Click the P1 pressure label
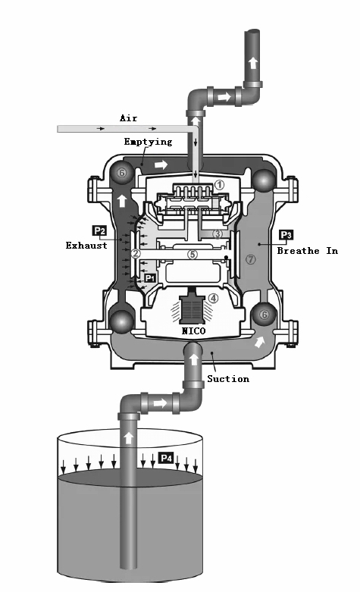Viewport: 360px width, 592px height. pos(150,278)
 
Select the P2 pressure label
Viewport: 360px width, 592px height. pos(99,230)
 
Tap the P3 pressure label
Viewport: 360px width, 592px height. pos(286,235)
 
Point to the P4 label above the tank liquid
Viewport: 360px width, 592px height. pos(166,458)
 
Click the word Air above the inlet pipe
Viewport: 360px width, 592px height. pos(129,118)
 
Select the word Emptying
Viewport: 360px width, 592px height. pos(148,142)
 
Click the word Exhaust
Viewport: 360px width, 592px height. pos(86,246)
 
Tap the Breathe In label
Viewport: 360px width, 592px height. pos(308,251)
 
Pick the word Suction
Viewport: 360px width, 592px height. pos(228,379)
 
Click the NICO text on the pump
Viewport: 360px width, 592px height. pos(193,331)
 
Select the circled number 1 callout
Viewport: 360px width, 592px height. pos(219,185)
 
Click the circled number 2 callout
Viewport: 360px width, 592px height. pos(136,253)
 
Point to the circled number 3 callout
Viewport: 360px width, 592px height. pos(218,234)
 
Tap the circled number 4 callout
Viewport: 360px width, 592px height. pos(213,298)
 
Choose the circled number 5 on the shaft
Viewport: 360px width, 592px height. pos(193,254)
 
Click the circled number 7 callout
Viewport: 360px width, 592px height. pos(251,259)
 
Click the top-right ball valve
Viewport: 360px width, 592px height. pos(264,181)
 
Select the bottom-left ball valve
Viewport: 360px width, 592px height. pos(121,321)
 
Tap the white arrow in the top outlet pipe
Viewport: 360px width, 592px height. pos(253,62)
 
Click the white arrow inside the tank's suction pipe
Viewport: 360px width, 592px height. pos(129,438)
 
